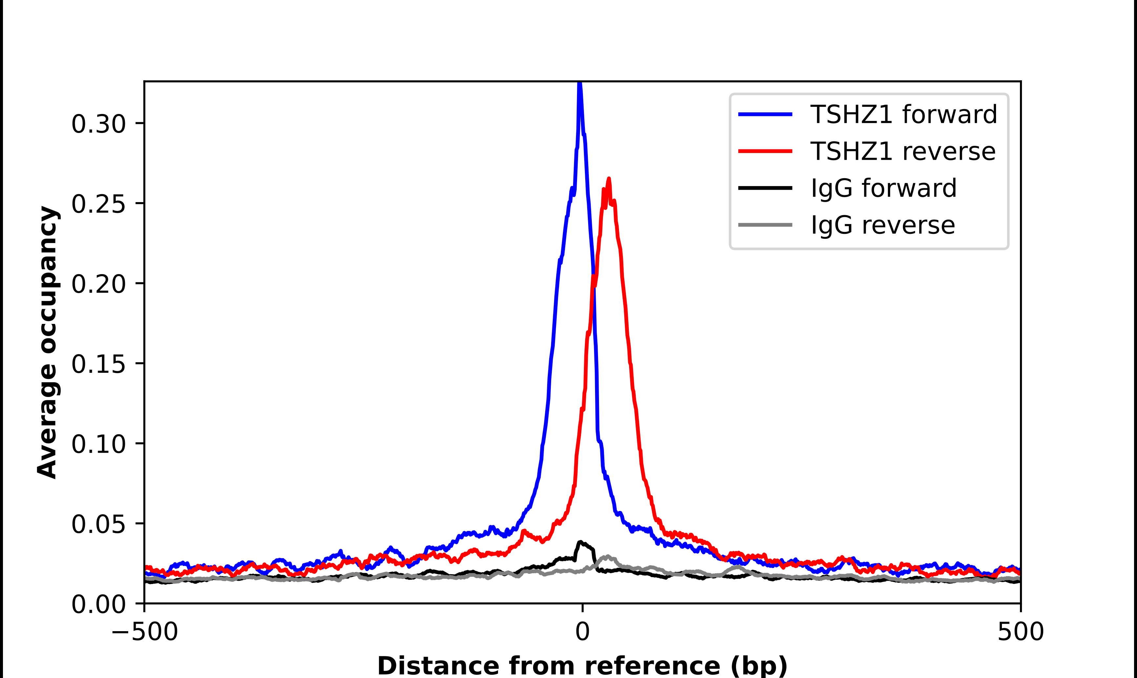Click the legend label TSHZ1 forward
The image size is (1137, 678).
point(903,114)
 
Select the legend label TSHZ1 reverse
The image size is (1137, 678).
point(903,151)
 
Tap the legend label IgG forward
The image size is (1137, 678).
point(883,188)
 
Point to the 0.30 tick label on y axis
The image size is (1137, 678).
point(98,124)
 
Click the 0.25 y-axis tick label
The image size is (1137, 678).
point(98,204)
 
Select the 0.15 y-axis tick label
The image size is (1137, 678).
point(98,364)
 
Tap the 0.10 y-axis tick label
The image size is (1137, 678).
point(98,444)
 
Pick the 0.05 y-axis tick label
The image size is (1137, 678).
point(98,524)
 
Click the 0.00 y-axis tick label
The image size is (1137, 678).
point(98,604)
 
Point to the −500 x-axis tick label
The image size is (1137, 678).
point(145,632)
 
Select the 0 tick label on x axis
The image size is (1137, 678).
point(582,632)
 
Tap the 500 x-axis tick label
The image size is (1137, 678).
point(1020,632)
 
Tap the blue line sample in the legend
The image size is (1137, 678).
point(765,114)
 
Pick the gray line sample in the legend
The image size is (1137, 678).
point(765,225)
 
